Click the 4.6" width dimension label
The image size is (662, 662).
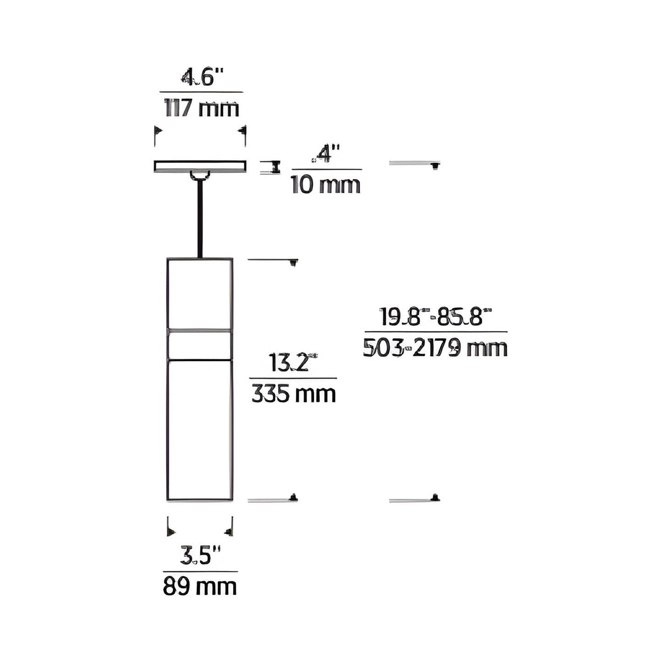[x=201, y=77]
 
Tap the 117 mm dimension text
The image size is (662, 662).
[x=202, y=109]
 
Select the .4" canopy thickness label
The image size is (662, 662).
[x=326, y=154]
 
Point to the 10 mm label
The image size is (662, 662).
[x=326, y=185]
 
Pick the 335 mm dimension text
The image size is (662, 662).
[x=294, y=394]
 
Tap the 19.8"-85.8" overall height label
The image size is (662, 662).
[x=436, y=317]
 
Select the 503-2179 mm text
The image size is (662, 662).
[x=436, y=348]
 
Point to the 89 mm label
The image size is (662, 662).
[x=200, y=587]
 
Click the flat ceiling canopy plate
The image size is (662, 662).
[x=200, y=166]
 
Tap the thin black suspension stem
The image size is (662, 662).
[x=200, y=219]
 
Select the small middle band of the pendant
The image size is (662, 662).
[x=200, y=345]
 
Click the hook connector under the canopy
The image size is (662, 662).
[x=200, y=175]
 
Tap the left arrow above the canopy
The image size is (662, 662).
[x=158, y=131]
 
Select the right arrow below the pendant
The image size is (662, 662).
[x=228, y=531]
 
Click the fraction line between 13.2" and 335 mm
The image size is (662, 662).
[x=293, y=378]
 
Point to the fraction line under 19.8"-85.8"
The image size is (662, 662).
[x=436, y=331]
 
